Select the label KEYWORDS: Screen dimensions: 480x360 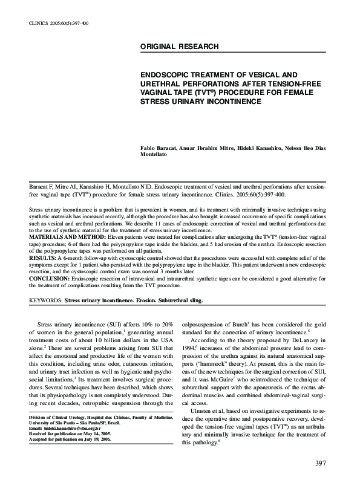(x=46, y=300)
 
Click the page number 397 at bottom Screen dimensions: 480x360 (x=321, y=464)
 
